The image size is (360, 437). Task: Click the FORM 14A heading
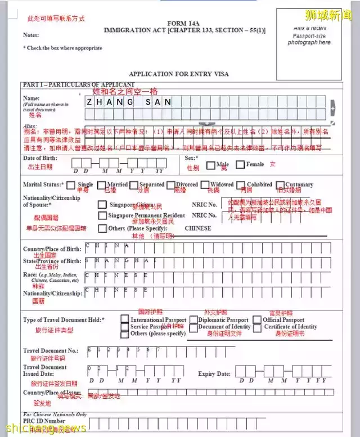coord(184,23)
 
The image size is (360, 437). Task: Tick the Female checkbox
coord(240,165)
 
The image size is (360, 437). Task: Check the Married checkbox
coord(101,184)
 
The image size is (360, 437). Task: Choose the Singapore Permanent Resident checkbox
coord(102,215)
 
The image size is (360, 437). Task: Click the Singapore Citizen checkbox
coord(102,205)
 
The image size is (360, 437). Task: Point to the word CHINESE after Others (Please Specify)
coord(198,228)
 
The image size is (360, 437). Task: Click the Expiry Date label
coord(214,373)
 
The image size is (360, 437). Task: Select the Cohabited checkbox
coord(241,184)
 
